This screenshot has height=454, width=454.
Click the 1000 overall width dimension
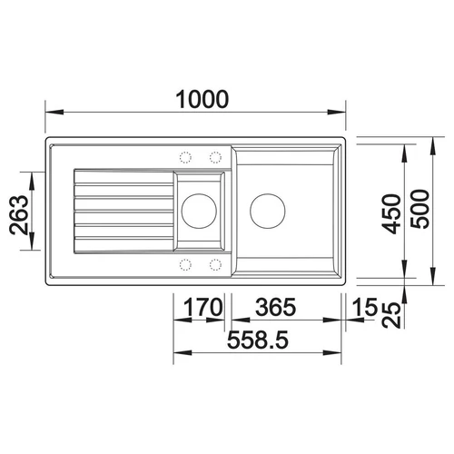[x=202, y=100]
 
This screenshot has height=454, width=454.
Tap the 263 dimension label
[x=19, y=215]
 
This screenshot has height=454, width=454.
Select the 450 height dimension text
[x=391, y=214]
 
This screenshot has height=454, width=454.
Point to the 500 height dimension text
[x=419, y=209]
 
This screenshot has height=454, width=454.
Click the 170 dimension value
[x=203, y=307]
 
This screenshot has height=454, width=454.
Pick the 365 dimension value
[x=275, y=307]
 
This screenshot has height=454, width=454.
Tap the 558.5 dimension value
[x=258, y=340]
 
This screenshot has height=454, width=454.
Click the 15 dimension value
[x=365, y=307]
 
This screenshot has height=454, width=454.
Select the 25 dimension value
[x=391, y=315]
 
